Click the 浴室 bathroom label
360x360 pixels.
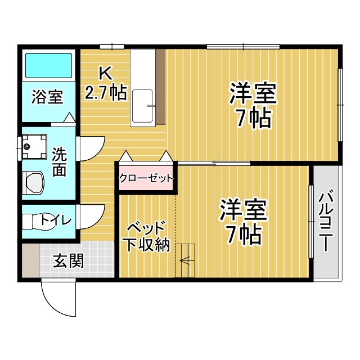(x=47, y=97)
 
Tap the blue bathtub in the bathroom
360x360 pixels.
(x=49, y=66)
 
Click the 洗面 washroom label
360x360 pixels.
(x=59, y=161)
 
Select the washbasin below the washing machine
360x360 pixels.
(x=34, y=183)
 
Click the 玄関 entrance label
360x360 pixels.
(x=69, y=260)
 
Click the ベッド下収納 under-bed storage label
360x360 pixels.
(x=146, y=236)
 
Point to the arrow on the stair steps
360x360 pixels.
(x=185, y=259)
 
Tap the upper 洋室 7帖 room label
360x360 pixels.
(x=253, y=104)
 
